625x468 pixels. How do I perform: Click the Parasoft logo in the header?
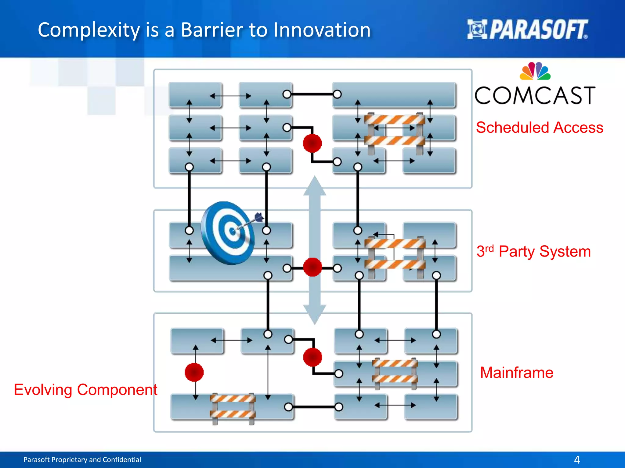[527, 30]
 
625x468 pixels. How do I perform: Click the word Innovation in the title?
[322, 30]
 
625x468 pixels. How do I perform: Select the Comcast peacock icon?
[535, 71]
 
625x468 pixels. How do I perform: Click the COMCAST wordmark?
[535, 95]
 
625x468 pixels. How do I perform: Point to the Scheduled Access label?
[540, 127]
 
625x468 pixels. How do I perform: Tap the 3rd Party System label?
[533, 252]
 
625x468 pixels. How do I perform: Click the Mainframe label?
[516, 373]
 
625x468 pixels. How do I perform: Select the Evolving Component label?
[85, 390]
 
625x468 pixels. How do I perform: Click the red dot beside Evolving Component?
[194, 372]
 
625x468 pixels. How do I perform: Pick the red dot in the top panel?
[312, 143]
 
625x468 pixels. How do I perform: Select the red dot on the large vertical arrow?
[312, 267]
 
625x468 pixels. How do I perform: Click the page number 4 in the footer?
[577, 459]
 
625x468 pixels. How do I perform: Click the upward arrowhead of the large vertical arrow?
[315, 186]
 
